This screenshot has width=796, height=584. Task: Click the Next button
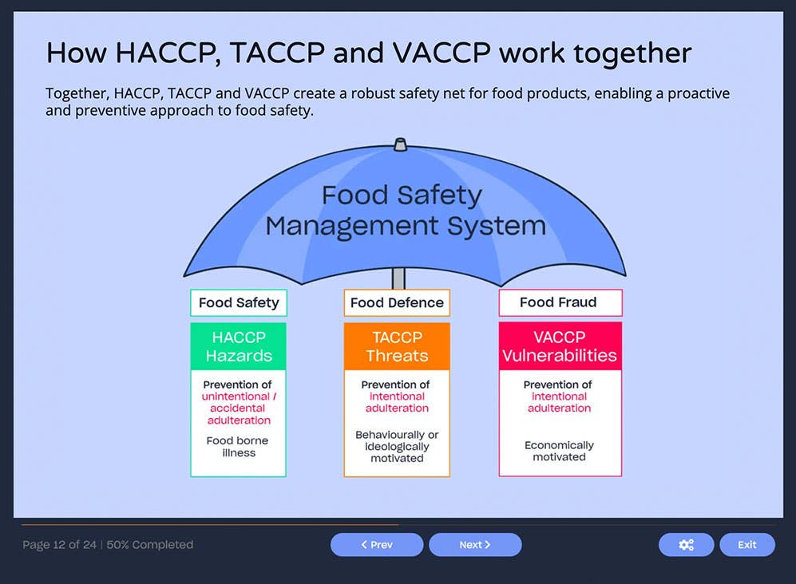pos(475,545)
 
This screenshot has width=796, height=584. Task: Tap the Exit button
pos(746,545)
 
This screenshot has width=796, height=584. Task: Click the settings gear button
pos(686,545)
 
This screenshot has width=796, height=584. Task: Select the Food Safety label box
pos(239,303)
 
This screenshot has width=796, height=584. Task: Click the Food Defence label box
pos(397,303)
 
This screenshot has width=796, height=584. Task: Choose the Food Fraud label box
pos(560,302)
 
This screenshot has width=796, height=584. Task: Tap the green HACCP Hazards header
pos(238,346)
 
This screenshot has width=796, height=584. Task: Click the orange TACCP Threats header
pos(397,346)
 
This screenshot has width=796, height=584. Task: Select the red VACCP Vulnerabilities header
pos(560,346)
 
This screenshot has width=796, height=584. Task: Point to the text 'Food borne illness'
pos(238,447)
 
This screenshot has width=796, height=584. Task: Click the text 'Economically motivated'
pos(560,451)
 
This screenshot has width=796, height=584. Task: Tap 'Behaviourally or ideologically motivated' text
pos(397,447)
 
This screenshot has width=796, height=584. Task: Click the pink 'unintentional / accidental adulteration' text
pos(239,408)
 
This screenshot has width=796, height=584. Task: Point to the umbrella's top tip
pos(400,144)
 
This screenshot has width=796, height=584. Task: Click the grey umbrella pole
pos(398,278)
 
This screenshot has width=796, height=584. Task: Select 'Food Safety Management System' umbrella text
pos(406,211)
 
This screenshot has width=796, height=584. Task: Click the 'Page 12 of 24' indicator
pos(59,545)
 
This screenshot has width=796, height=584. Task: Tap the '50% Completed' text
pos(150,545)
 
